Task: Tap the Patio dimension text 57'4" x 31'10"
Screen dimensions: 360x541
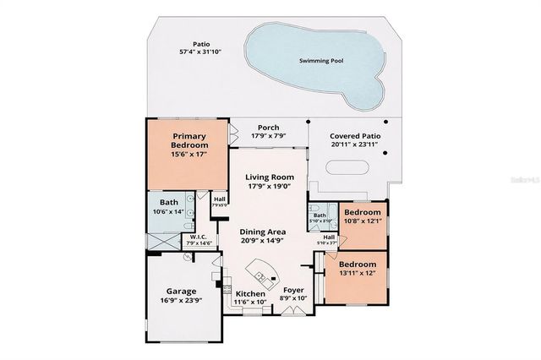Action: click(200, 52)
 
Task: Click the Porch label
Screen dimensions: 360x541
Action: click(268, 128)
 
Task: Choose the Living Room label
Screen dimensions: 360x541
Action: click(268, 177)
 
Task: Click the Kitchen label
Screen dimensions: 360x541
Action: click(250, 294)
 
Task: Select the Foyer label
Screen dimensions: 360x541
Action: click(293, 290)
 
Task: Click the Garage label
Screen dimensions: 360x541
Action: click(181, 291)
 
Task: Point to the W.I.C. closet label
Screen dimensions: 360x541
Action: click(199, 237)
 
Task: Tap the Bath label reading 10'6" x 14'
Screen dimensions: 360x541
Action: click(169, 202)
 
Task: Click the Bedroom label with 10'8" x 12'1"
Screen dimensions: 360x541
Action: click(362, 212)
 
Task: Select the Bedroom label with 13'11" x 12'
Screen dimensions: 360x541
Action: click(356, 265)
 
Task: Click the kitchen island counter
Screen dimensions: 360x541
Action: click(260, 272)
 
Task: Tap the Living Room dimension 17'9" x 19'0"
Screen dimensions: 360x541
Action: click(268, 187)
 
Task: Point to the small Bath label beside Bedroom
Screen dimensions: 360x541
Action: click(320, 215)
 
